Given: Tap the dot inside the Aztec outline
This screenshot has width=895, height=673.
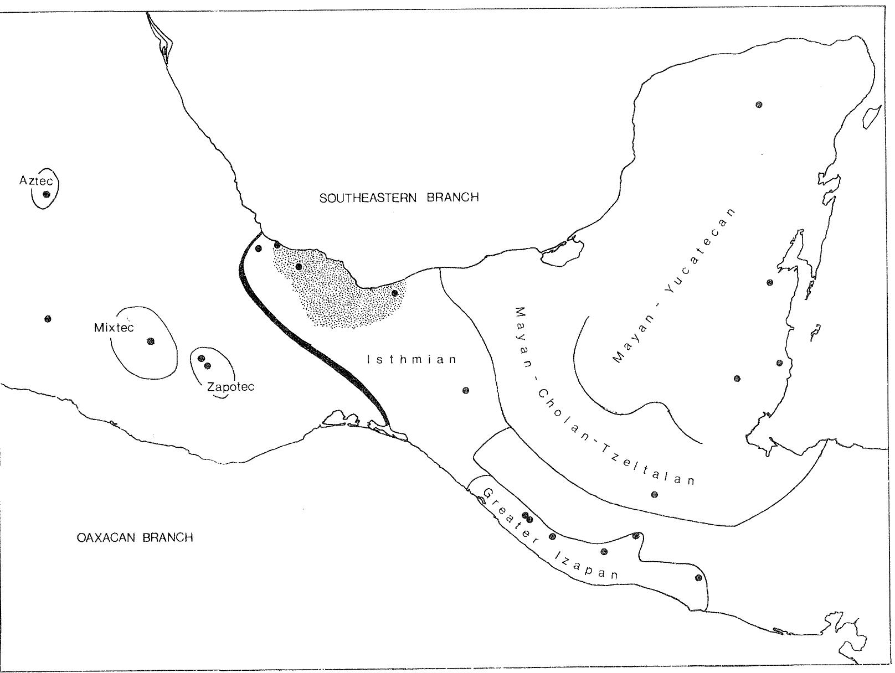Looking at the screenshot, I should (x=47, y=194).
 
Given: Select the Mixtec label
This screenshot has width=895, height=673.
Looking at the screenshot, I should (x=114, y=328).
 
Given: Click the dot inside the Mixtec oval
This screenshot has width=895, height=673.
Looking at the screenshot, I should (x=151, y=341).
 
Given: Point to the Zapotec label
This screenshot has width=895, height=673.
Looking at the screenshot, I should (x=230, y=386).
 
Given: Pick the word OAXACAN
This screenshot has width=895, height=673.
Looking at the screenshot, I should (x=107, y=537).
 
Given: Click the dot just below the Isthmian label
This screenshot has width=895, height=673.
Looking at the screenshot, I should (x=466, y=391).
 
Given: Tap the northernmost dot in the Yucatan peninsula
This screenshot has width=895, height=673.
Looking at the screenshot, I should (x=759, y=105).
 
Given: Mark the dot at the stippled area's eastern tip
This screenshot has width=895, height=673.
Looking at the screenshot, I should (x=394, y=293).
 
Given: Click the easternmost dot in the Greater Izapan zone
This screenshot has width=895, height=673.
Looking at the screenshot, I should (x=698, y=578).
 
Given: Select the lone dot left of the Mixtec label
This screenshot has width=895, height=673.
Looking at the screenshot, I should (x=48, y=319).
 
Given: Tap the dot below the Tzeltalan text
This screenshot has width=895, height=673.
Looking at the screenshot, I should (x=654, y=494).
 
